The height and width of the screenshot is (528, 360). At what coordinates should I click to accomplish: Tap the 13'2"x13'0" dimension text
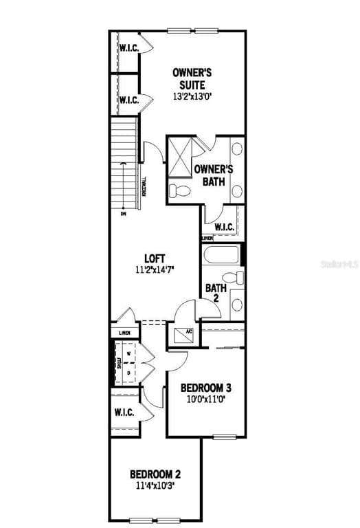click(x=192, y=97)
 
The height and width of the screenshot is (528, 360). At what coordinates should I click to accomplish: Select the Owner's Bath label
click(x=214, y=175)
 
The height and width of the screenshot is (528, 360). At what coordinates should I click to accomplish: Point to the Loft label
click(x=155, y=258)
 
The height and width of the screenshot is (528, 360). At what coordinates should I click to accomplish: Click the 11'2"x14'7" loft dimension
click(x=155, y=269)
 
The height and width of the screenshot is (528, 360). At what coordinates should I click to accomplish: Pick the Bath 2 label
click(x=215, y=294)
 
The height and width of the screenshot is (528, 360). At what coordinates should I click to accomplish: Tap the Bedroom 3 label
click(x=205, y=388)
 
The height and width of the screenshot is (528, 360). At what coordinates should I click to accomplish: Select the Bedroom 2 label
click(x=155, y=474)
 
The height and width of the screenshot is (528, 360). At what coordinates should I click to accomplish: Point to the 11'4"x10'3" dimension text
click(x=155, y=485)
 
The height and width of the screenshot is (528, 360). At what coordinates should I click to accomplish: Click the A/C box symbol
click(x=183, y=333)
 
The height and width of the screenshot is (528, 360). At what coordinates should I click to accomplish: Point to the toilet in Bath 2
click(x=235, y=278)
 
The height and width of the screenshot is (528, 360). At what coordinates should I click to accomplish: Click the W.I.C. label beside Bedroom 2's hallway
click(x=124, y=412)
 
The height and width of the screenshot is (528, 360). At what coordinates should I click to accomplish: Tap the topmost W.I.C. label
click(x=130, y=47)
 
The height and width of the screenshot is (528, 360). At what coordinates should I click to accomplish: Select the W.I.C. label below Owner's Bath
click(x=225, y=227)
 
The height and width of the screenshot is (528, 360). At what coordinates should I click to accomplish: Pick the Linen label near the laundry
click(x=124, y=333)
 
